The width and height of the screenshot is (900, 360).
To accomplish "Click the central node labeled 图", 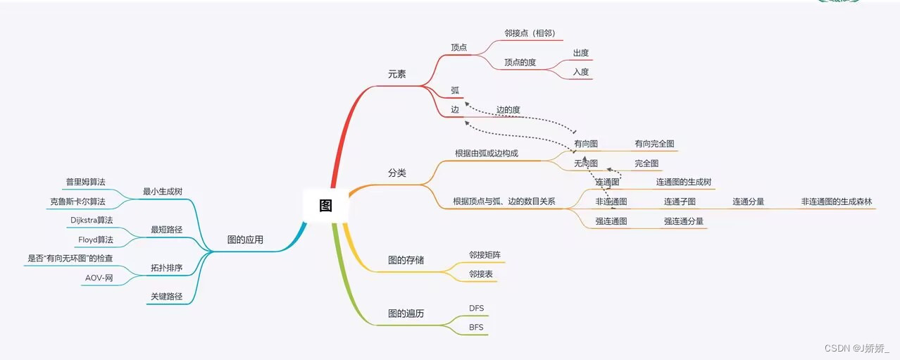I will pyautogui.click(x=325, y=206).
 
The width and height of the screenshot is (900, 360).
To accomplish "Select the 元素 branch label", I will pyautogui.click(x=396, y=74).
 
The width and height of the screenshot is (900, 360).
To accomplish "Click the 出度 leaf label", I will pyautogui.click(x=581, y=53).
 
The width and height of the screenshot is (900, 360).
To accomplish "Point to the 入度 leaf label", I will pyautogui.click(x=581, y=72).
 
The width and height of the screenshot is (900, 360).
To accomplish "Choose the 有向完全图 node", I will pyautogui.click(x=654, y=144).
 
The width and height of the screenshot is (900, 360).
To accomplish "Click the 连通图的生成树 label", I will pyautogui.click(x=684, y=182).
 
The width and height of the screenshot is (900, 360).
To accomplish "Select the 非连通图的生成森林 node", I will pyautogui.click(x=837, y=202).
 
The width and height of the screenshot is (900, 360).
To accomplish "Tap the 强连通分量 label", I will pyautogui.click(x=683, y=221).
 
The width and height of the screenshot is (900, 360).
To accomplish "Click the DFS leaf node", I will pyautogui.click(x=477, y=309).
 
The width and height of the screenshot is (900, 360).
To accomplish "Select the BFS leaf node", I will pyautogui.click(x=477, y=328).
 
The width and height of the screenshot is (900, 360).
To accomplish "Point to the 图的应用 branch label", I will pyautogui.click(x=245, y=240).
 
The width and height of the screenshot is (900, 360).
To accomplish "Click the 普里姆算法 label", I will pyautogui.click(x=85, y=182).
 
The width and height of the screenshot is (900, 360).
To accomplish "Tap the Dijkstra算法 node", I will pyautogui.click(x=92, y=221).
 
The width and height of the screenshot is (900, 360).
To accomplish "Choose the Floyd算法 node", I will pyautogui.click(x=95, y=240).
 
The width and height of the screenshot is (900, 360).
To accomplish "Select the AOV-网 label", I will pyautogui.click(x=99, y=278).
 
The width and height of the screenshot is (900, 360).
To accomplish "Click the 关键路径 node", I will pyautogui.click(x=166, y=297).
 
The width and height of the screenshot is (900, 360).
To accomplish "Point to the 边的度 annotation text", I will pyautogui.click(x=508, y=110).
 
